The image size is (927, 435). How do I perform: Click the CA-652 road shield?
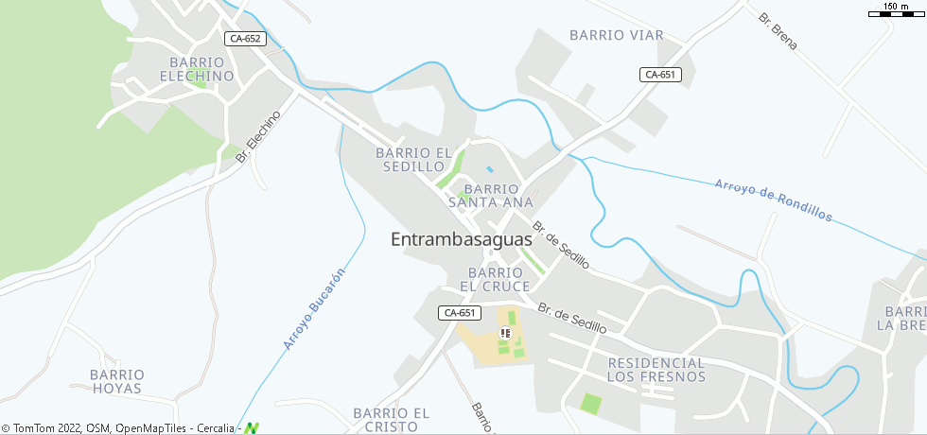tap(245, 39)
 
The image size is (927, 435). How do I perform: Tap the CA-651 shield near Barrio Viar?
tap(660, 75)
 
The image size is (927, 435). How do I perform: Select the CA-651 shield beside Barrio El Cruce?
tap(460, 312)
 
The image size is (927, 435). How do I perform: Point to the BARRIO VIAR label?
tap(616, 35)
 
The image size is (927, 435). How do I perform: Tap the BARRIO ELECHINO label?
tap(197, 69)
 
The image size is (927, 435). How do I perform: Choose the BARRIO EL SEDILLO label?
tap(415, 159)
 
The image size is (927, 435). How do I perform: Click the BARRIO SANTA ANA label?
tap(491, 196)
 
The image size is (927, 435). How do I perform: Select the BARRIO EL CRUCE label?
tap(496, 279)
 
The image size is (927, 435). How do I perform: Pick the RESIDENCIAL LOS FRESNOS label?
tap(656, 370)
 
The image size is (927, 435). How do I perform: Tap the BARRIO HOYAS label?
tap(117, 381)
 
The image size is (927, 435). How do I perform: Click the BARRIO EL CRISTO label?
tap(391, 420)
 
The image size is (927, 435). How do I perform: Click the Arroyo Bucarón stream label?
tap(314, 309)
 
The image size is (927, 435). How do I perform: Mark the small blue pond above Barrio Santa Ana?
tap(489, 169)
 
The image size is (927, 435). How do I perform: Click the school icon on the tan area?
tap(505, 333)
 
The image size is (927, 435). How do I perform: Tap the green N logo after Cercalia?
tap(251, 428)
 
